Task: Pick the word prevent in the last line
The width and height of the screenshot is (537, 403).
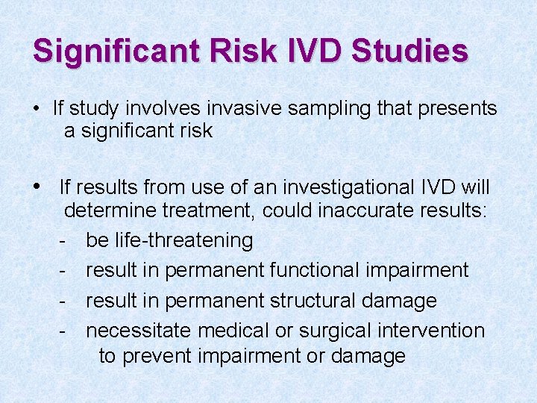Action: coord(157,356)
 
